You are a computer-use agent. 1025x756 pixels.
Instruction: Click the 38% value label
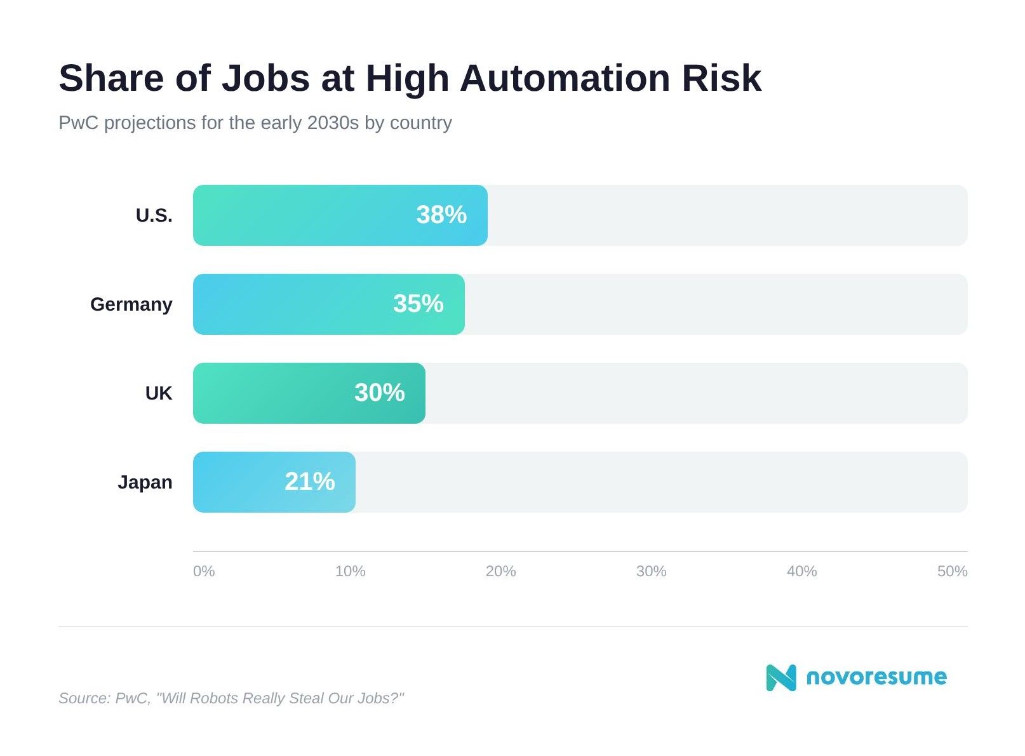pyautogui.click(x=441, y=215)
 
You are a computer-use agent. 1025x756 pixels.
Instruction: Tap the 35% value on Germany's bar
pyautogui.click(x=418, y=304)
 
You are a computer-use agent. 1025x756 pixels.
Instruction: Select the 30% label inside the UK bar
pyautogui.click(x=379, y=393)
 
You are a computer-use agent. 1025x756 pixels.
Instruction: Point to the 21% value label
pyautogui.click(x=309, y=482)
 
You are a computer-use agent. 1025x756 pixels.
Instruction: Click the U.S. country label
pyautogui.click(x=154, y=215)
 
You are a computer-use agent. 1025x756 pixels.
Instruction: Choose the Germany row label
pyautogui.click(x=131, y=304)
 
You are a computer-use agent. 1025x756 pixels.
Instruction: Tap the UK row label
pyautogui.click(x=158, y=393)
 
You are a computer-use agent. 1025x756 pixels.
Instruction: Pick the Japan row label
pyautogui.click(x=145, y=482)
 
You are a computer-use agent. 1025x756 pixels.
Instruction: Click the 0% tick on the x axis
pyautogui.click(x=204, y=571)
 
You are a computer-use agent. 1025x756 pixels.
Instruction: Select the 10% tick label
pyautogui.click(x=350, y=571)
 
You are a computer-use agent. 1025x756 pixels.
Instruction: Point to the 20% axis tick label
pyautogui.click(x=500, y=571)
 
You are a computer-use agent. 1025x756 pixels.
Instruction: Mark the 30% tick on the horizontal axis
pyautogui.click(x=651, y=571)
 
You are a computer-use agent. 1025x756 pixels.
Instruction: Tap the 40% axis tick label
pyautogui.click(x=801, y=571)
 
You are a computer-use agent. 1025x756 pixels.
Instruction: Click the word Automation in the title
pyautogui.click(x=565, y=78)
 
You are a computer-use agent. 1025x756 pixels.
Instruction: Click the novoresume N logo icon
pyautogui.click(x=780, y=677)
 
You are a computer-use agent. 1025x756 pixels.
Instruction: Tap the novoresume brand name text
pyautogui.click(x=876, y=677)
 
